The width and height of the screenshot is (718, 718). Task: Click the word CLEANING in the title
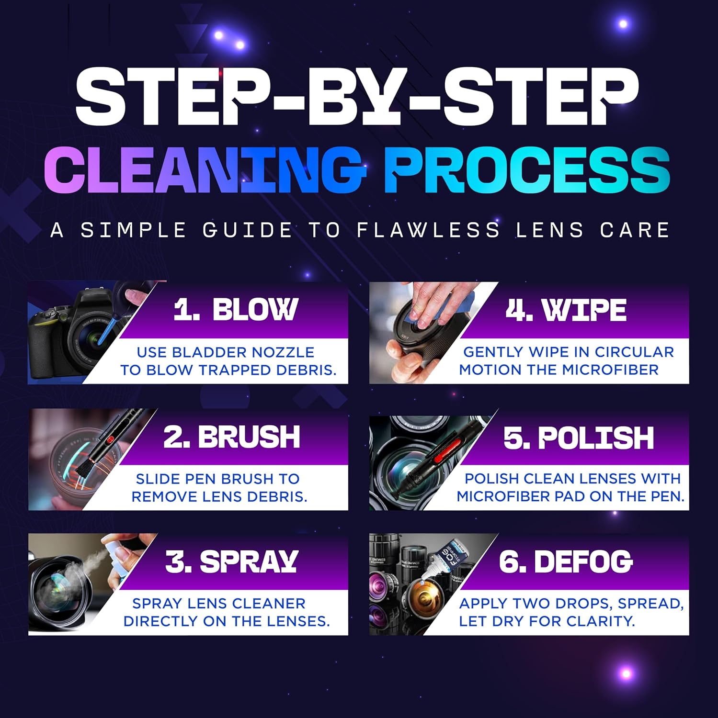click(x=205, y=168)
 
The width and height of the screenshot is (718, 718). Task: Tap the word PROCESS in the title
click(x=527, y=168)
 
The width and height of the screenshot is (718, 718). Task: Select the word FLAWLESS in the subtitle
click(x=428, y=230)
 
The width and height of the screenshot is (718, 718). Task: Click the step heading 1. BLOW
click(x=236, y=310)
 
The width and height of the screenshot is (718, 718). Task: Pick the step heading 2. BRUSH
click(x=232, y=437)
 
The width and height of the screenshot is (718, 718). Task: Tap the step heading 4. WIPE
click(x=566, y=310)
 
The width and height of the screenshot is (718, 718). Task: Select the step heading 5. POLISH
click(x=579, y=437)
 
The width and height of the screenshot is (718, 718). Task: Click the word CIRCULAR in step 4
click(x=634, y=352)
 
